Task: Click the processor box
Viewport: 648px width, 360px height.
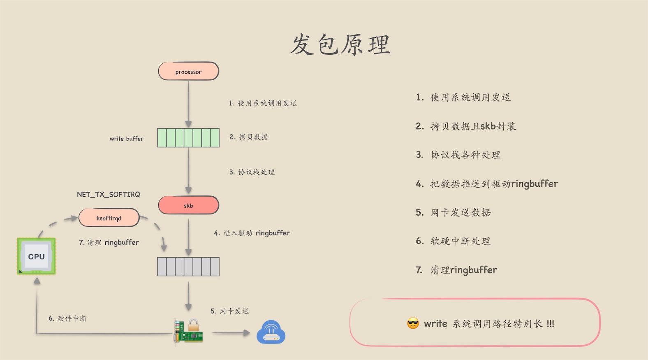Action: tap(188, 71)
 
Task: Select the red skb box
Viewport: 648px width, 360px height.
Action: tap(188, 205)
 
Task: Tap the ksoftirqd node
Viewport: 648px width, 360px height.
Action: tap(109, 218)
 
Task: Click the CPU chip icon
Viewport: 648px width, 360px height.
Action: tap(36, 256)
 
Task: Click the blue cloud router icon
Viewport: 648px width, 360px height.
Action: tap(271, 332)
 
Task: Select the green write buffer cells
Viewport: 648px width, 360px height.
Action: tap(188, 137)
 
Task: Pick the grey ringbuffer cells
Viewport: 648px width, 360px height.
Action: tap(188, 266)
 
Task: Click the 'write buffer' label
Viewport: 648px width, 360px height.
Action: tap(126, 139)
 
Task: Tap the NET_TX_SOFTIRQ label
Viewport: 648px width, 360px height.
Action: tap(109, 194)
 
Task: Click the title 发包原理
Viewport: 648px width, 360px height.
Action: tap(340, 44)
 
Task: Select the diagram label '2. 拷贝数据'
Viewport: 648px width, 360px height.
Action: tap(248, 137)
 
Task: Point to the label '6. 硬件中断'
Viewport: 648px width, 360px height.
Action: tap(67, 318)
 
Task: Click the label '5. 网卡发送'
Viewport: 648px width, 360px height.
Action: tap(229, 311)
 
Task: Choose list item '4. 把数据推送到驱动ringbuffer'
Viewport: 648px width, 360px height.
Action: tap(487, 183)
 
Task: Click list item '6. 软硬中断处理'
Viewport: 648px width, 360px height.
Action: tap(453, 241)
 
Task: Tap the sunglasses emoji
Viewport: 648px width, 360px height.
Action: tap(413, 323)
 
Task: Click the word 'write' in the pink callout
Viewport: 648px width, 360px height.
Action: tap(435, 324)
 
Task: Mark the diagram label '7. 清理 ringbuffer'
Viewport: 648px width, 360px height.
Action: tap(109, 242)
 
